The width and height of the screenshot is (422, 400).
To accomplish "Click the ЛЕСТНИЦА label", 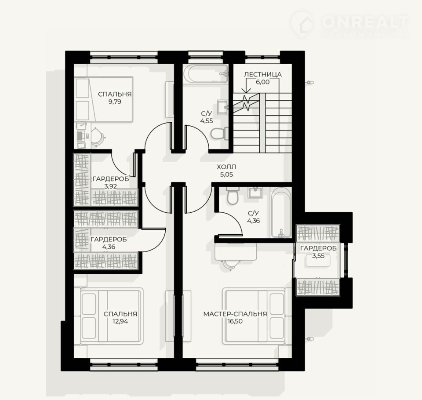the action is pyautogui.click(x=263, y=74).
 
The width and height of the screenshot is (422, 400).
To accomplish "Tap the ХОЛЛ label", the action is pyautogui.click(x=226, y=167).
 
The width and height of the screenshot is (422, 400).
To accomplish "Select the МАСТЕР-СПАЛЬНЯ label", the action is pyautogui.click(x=235, y=314).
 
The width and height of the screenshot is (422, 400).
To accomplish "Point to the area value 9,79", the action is pyautogui.click(x=115, y=102).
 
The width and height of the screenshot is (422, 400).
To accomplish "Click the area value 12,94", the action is pyautogui.click(x=120, y=321).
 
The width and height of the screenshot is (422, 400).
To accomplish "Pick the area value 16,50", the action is pyautogui.click(x=235, y=321).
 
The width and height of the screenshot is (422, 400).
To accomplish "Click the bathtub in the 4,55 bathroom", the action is pyautogui.click(x=206, y=74).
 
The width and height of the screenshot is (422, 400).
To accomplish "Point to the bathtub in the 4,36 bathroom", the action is pyautogui.click(x=281, y=213).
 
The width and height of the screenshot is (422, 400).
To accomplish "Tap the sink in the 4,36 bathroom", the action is pyautogui.click(x=255, y=192).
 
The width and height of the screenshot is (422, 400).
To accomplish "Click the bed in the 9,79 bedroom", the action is pyautogui.click(x=104, y=99).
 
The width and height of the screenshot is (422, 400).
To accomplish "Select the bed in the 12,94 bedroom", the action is pyautogui.click(x=112, y=316).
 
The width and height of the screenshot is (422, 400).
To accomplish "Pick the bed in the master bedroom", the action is pyautogui.click(x=254, y=316).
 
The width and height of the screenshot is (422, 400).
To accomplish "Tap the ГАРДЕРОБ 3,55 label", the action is pyautogui.click(x=318, y=252).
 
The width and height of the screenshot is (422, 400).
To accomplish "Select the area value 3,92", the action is pyautogui.click(x=110, y=186).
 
